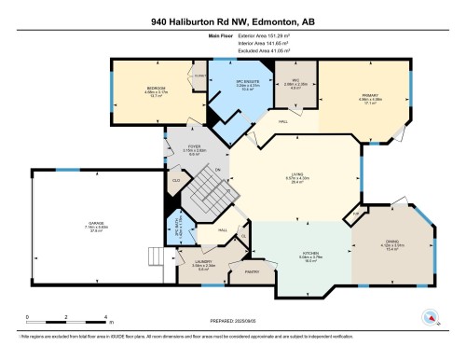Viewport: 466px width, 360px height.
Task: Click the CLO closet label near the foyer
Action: tap(176, 180)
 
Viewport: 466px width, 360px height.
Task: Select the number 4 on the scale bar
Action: tap(107, 318)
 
